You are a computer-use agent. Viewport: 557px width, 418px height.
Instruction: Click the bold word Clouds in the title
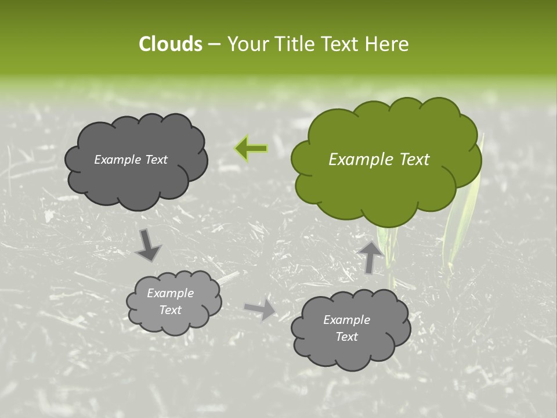[x=171, y=44]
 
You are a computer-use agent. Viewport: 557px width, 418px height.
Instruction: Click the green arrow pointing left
[x=251, y=149]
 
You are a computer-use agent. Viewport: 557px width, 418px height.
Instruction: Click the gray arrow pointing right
[x=261, y=309]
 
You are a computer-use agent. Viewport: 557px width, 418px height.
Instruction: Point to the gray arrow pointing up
[x=370, y=257]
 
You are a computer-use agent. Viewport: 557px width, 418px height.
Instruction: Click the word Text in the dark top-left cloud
[x=156, y=160]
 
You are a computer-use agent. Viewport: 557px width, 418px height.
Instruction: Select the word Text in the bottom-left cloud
[x=171, y=310]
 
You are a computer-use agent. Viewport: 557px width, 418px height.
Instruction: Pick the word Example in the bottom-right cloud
[x=346, y=320]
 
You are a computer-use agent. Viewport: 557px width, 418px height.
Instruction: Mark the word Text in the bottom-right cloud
[x=347, y=337]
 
